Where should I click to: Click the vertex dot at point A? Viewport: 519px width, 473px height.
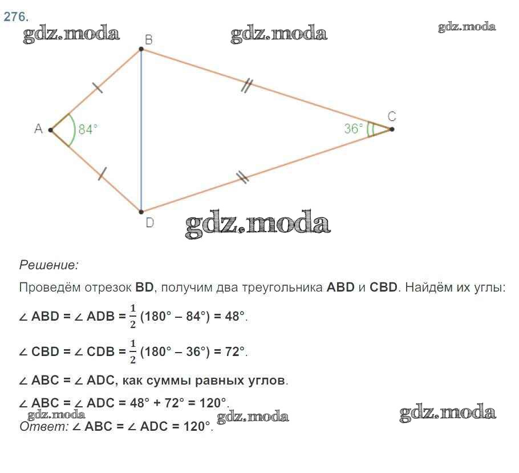tap(51, 130)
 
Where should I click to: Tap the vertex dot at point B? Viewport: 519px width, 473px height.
tap(141, 49)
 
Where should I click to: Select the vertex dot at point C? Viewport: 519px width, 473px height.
tap(392, 129)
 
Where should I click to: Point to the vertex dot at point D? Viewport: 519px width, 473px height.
tap(141, 212)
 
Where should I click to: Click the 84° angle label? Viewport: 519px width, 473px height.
tap(88, 129)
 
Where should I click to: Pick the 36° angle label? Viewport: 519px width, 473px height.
tap(354, 128)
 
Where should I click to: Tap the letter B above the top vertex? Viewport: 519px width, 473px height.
tap(149, 40)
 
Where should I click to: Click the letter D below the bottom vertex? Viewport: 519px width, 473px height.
tap(149, 223)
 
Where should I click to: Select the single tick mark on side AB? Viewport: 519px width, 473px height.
tap(98, 87)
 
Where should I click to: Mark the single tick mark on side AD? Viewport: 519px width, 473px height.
tap(103, 174)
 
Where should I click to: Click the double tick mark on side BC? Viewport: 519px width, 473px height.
tap(246, 86)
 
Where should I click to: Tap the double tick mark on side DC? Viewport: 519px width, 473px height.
tap(242, 177)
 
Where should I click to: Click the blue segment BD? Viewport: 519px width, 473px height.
tap(141, 131)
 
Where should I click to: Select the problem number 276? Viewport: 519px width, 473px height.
tap(16, 17)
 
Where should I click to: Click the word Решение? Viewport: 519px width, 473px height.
tap(49, 265)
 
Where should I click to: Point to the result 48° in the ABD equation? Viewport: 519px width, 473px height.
tap(235, 316)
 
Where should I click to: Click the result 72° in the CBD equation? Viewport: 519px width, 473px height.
tap(235, 351)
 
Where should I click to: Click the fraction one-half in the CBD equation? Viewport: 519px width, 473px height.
tap(133, 352)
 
